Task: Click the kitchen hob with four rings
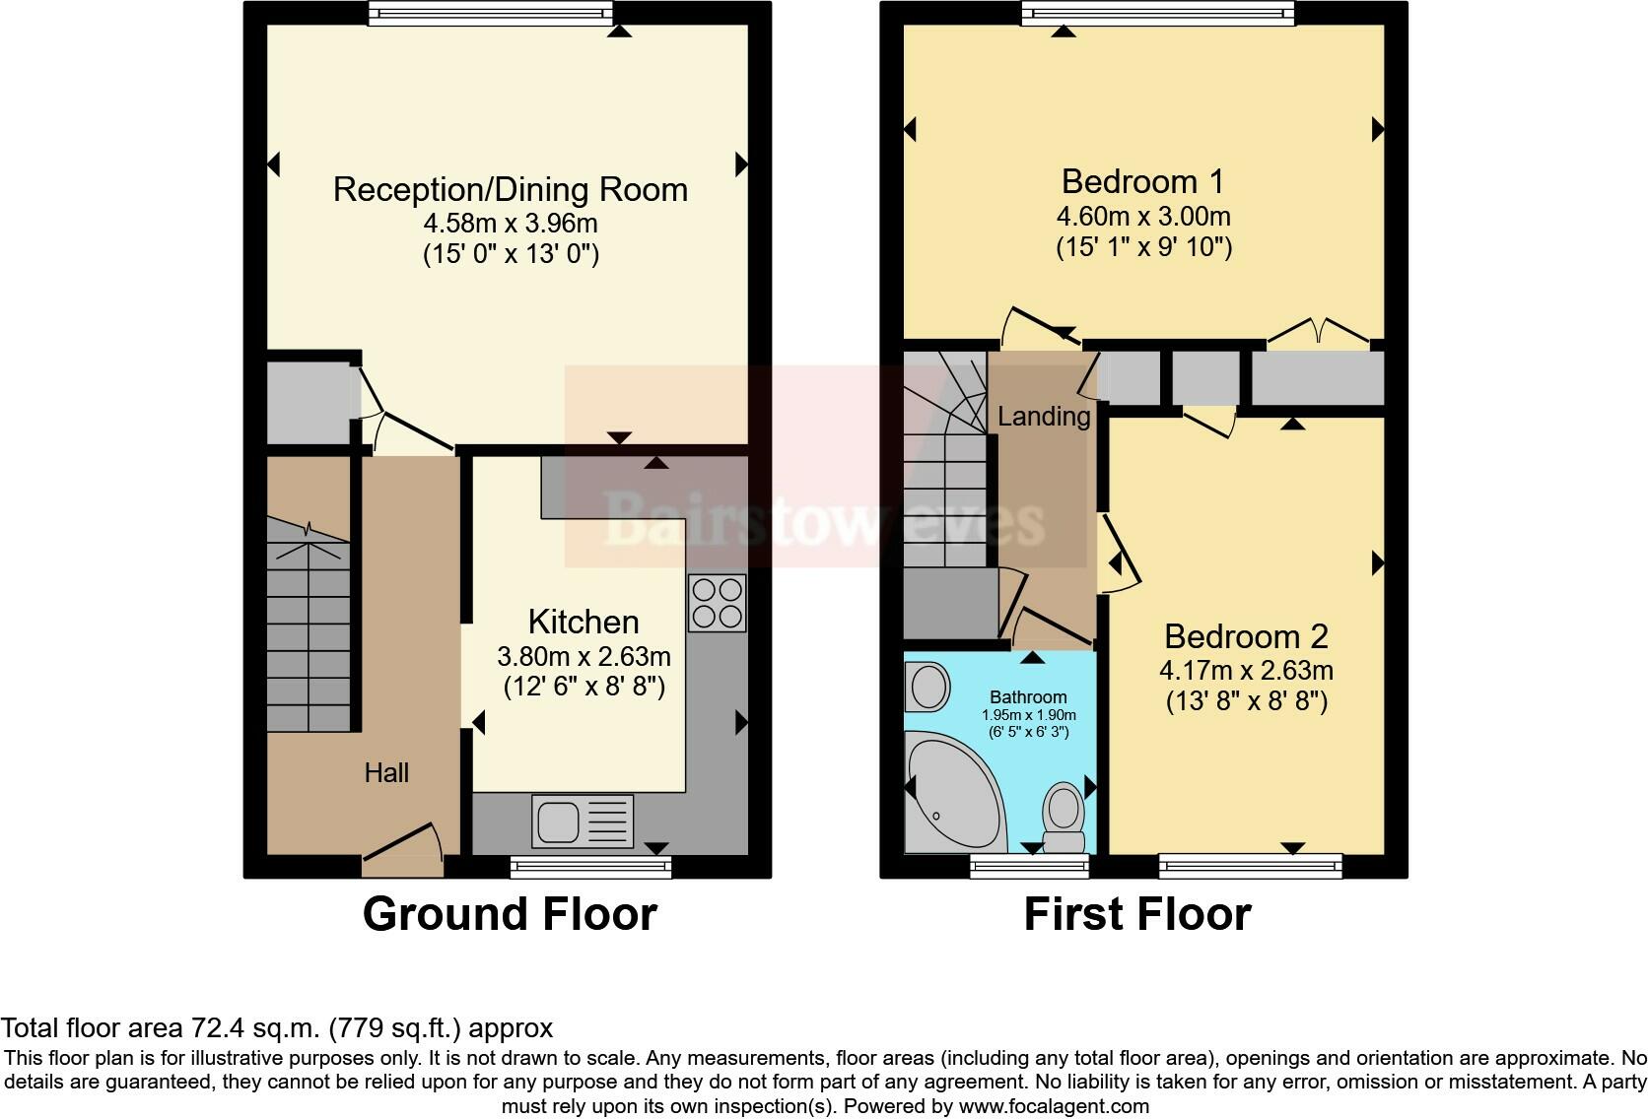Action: tap(717, 603)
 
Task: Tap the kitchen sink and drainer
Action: tap(582, 821)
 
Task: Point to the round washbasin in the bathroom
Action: tap(927, 686)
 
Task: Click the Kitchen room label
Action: tap(584, 622)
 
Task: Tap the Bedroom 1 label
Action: tap(1142, 181)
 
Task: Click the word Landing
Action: tap(1043, 416)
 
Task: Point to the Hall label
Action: tap(386, 772)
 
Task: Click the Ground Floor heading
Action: tap(510, 913)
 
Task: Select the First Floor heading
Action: tap(1136, 913)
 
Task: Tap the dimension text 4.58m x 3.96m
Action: tap(511, 223)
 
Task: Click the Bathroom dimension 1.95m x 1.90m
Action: tap(1028, 715)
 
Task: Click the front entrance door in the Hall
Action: tap(401, 848)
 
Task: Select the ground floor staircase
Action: tap(309, 630)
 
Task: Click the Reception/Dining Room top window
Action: tap(490, 13)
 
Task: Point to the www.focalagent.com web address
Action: tap(1054, 1106)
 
